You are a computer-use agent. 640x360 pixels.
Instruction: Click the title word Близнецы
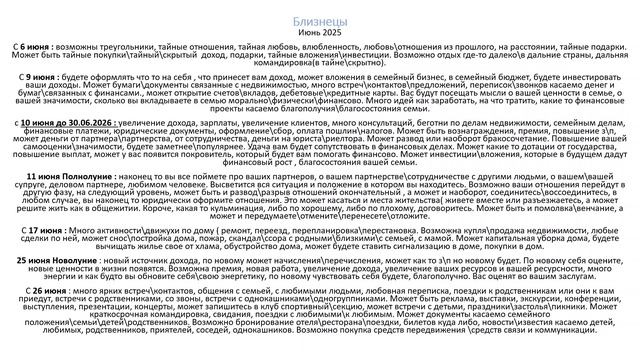[x=320, y=19]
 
